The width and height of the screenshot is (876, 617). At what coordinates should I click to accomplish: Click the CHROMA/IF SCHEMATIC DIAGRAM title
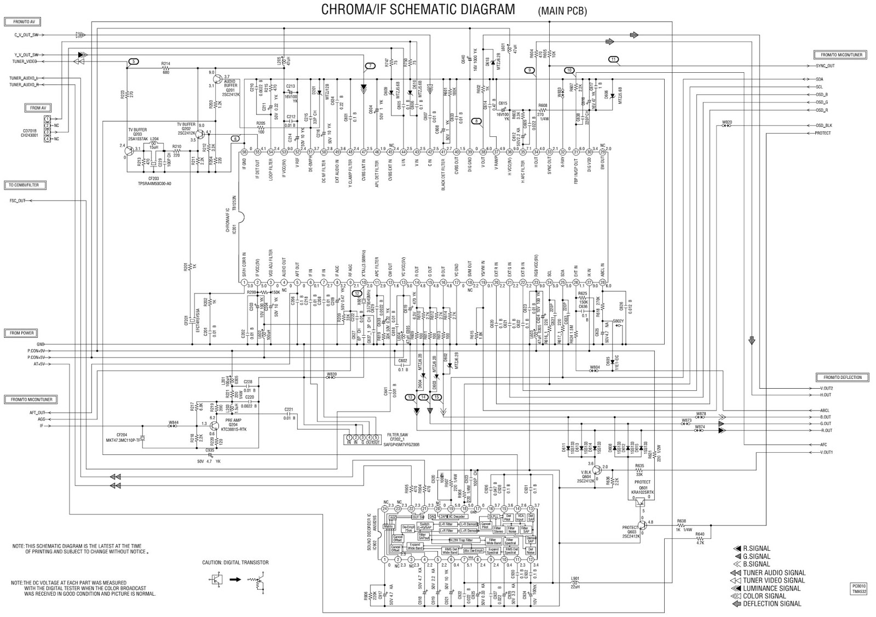coord(418,10)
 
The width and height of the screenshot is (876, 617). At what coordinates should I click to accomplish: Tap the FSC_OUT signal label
coord(18,200)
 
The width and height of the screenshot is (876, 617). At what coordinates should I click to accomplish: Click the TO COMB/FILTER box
coord(25,184)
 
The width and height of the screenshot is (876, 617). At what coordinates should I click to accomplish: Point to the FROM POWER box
coord(22,333)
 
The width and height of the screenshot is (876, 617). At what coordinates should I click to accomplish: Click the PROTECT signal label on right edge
coord(822,133)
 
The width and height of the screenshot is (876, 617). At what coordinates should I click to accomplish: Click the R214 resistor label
coord(165,64)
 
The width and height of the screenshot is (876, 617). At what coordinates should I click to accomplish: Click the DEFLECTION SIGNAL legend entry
coord(772,604)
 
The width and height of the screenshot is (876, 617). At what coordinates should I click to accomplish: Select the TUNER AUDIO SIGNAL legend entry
coord(774,573)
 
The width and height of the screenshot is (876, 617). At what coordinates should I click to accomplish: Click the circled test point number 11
coord(613,59)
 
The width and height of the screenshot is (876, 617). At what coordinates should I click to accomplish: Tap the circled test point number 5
coord(134,61)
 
